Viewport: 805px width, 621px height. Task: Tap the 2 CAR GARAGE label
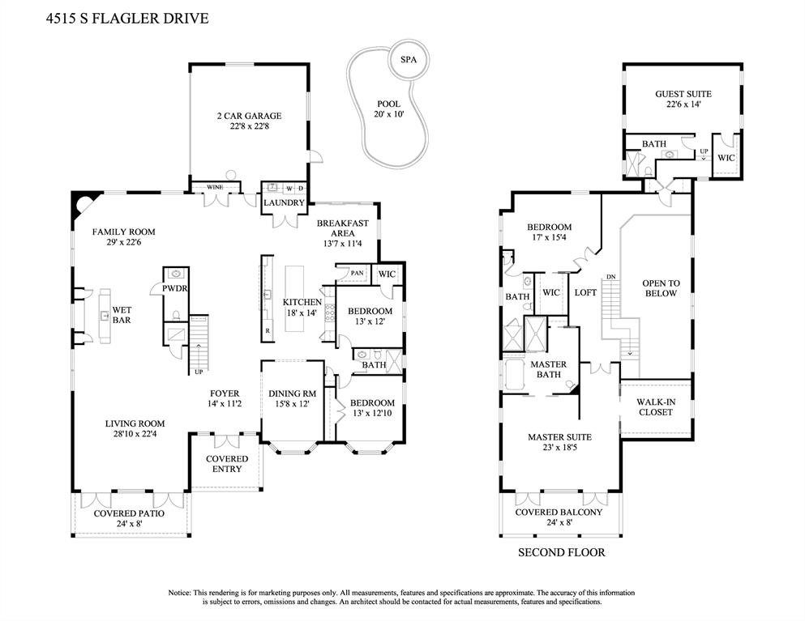click(248, 116)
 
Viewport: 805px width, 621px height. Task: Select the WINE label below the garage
click(214, 187)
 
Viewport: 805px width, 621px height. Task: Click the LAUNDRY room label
click(284, 202)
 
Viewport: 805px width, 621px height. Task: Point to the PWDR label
click(174, 287)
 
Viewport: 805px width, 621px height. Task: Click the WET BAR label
click(122, 315)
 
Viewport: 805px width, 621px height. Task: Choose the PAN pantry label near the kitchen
click(357, 274)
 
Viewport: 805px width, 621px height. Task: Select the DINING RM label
click(292, 393)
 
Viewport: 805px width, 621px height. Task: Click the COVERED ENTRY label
click(227, 465)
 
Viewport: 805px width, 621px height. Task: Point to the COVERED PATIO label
click(129, 513)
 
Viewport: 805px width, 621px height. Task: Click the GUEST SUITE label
click(683, 94)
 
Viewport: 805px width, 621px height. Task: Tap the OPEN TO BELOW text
click(661, 288)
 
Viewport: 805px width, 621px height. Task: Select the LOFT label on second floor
click(585, 292)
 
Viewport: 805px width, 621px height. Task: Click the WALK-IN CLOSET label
click(654, 406)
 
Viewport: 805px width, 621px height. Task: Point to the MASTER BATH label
click(548, 369)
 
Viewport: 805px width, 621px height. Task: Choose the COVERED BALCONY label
click(559, 512)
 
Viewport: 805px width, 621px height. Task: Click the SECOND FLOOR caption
click(561, 553)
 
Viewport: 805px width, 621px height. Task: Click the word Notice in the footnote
click(179, 593)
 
